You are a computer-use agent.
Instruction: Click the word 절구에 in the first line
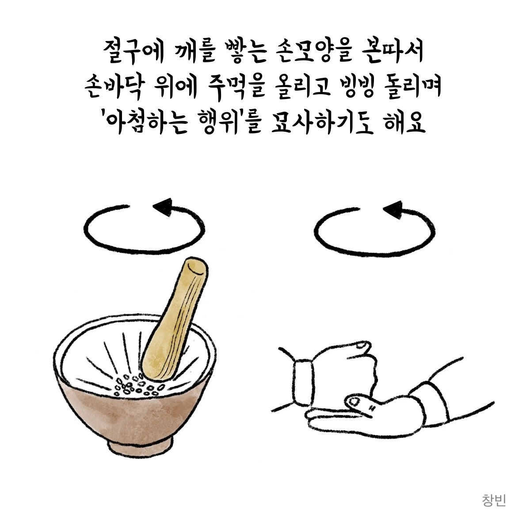(x=133, y=53)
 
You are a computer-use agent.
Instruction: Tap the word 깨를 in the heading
(x=194, y=53)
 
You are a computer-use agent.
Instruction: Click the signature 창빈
(x=494, y=500)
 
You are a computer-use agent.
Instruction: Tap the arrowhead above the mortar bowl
(x=163, y=206)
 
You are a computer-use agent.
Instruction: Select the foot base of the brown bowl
(x=141, y=446)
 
